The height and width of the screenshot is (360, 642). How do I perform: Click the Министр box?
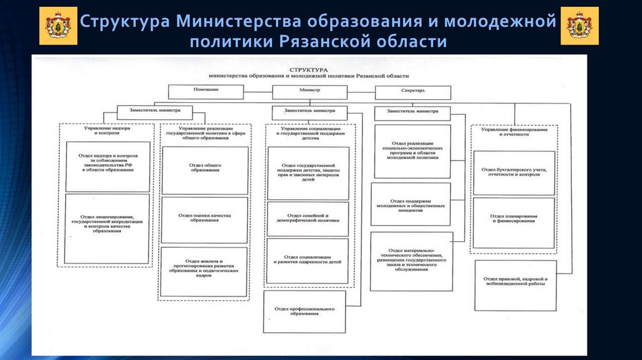click(x=309, y=92)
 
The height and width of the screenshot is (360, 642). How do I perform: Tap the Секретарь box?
click(x=413, y=93)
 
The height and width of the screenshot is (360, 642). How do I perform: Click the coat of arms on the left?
click(x=58, y=26)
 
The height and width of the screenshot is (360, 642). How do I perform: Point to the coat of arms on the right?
click(x=579, y=26)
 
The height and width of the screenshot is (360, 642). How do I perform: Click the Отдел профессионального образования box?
click(x=305, y=311)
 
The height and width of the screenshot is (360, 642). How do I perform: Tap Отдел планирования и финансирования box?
click(x=513, y=219)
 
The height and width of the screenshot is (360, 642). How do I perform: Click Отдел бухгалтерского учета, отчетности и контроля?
click(x=513, y=172)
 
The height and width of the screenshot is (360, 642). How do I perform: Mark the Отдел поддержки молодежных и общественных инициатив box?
click(x=411, y=204)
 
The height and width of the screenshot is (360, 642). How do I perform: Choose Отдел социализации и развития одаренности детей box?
click(x=308, y=260)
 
